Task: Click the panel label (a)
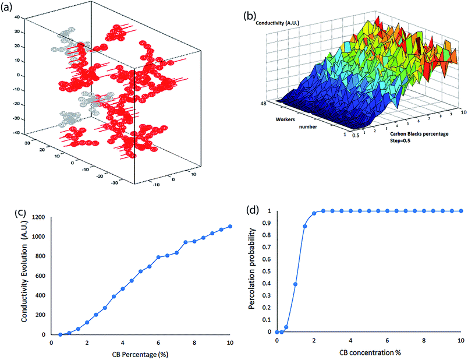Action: pos(9,9)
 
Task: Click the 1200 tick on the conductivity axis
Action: pos(38,217)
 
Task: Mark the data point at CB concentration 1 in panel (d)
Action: pos(296,284)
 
